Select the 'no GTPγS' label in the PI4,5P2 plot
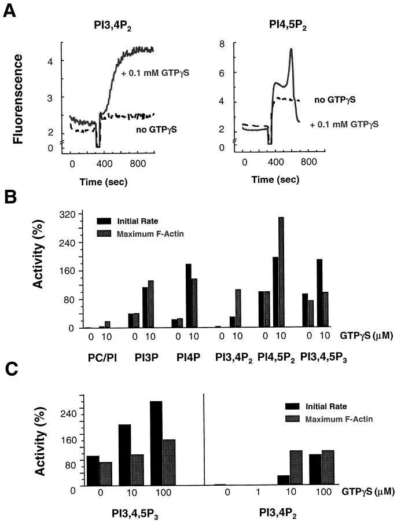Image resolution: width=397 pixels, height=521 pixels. coord(336,100)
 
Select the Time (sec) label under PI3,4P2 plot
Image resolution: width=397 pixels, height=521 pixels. coord(103,183)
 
